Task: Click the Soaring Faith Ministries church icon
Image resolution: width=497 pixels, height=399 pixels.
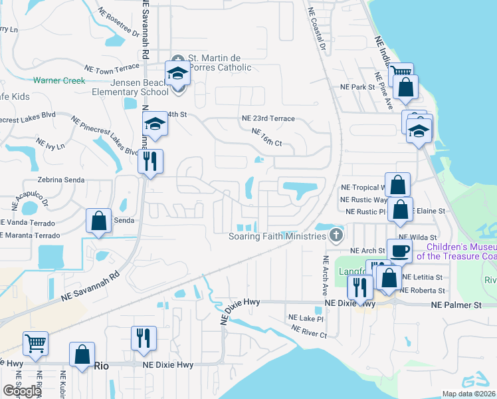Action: [337, 235]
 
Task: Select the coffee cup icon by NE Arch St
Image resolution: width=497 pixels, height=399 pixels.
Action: [399, 251]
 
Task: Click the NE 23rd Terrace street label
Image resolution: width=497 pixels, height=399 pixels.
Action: [268, 118]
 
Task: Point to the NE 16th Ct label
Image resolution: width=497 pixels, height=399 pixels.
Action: [267, 138]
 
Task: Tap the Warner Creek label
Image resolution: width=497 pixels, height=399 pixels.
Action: [60, 80]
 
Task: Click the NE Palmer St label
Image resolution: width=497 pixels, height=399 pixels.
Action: [455, 305]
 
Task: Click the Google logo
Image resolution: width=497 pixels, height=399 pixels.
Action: [22, 390]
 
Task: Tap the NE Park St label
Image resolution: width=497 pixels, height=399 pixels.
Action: [358, 87]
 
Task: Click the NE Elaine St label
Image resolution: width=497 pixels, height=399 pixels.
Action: [429, 211]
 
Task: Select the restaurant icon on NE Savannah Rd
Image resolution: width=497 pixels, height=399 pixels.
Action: [150, 161]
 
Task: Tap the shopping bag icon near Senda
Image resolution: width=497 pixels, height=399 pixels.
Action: [98, 221]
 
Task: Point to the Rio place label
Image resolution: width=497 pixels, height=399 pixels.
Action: [101, 365]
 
